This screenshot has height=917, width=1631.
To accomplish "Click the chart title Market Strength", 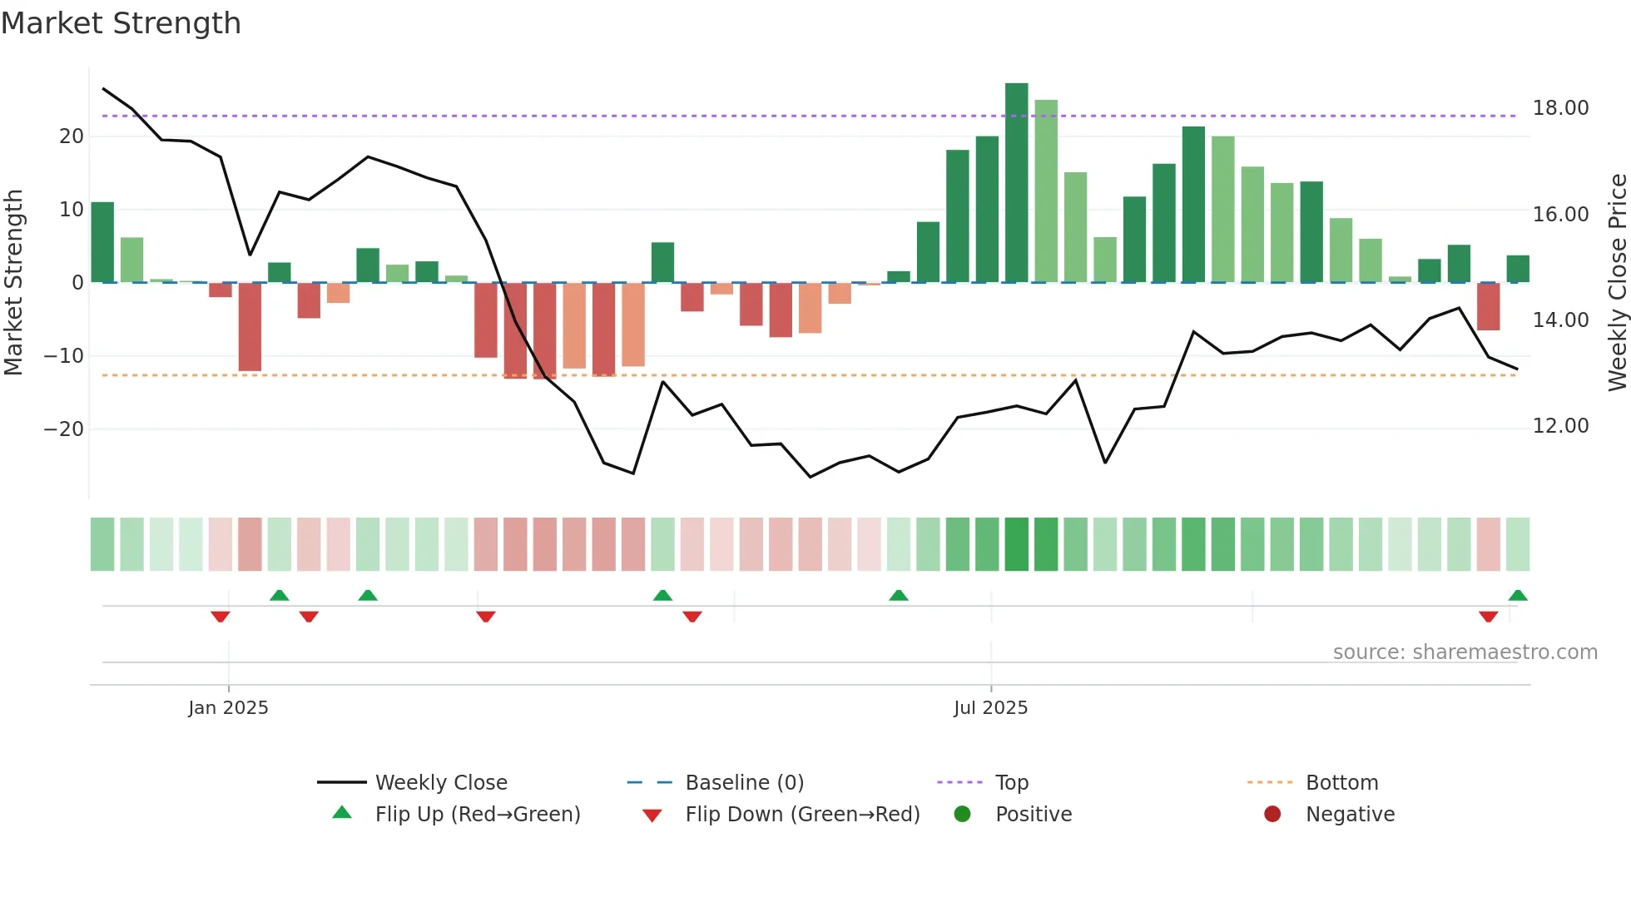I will click(x=121, y=23).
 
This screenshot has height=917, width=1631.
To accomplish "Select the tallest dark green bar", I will click(x=1016, y=182).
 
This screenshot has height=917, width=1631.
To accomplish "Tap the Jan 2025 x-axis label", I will click(x=228, y=707).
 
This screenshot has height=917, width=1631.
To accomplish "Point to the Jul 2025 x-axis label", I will click(x=990, y=707).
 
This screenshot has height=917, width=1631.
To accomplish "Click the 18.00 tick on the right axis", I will click(x=1560, y=108).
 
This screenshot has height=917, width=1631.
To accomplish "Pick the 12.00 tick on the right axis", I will click(x=1560, y=426).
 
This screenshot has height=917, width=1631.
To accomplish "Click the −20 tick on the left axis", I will click(x=64, y=429).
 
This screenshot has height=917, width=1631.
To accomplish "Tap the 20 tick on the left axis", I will click(x=72, y=136).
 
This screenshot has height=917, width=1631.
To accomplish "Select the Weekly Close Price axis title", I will click(x=1617, y=283).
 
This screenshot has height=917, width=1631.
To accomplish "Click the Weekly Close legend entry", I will click(x=440, y=783).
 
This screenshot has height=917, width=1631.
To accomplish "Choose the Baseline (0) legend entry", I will click(x=744, y=783).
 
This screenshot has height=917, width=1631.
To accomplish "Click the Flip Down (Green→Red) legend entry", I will click(x=801, y=815).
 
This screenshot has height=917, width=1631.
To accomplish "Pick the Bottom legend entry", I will click(x=1341, y=783).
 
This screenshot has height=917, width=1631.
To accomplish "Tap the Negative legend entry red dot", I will click(x=1272, y=815).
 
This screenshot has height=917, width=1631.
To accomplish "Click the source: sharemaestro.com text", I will click(x=1465, y=652).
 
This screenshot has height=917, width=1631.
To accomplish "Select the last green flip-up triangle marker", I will click(x=1517, y=596).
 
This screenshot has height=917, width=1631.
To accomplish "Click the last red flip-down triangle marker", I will click(x=1488, y=617).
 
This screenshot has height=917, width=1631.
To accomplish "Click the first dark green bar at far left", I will click(x=102, y=242).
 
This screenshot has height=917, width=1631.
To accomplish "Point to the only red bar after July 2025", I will click(x=1488, y=306).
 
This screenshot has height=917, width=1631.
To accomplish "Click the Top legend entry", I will click(x=1011, y=783).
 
